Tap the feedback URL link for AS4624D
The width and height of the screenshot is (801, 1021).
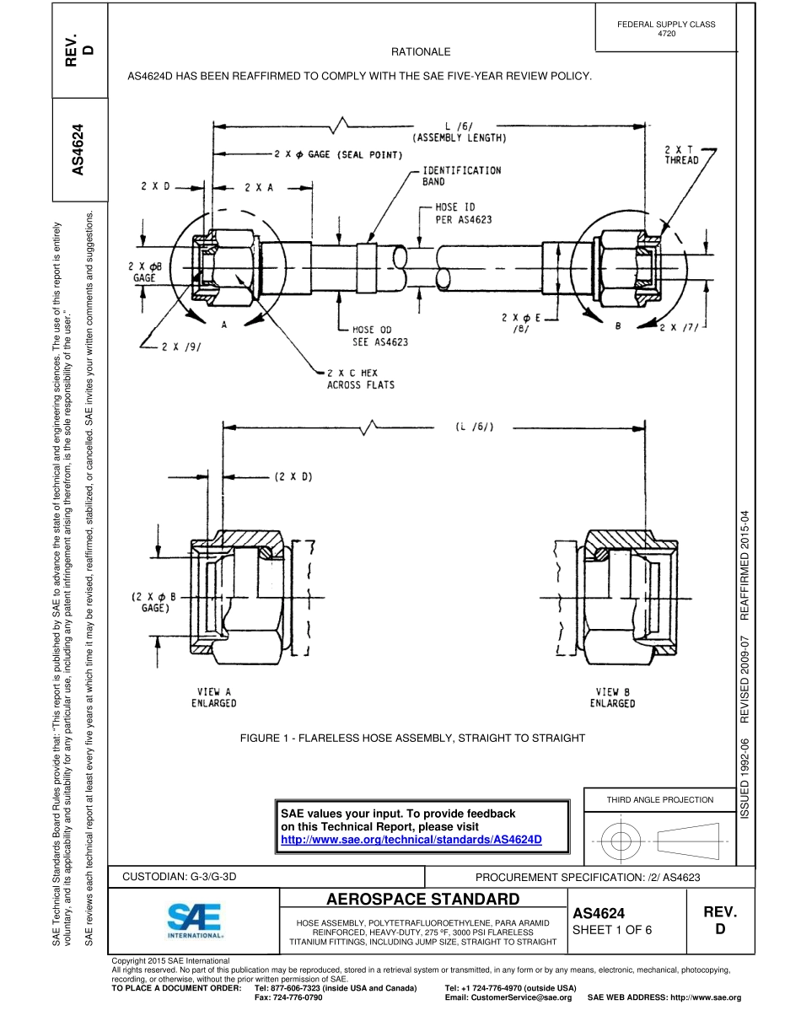[x=411, y=840]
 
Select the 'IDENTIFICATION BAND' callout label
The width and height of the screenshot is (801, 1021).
[x=461, y=175]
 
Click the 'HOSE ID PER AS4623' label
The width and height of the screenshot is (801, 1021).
[x=463, y=212]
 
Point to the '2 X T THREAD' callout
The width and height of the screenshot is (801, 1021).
[x=681, y=154]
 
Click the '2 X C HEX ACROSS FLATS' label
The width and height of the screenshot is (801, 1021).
[x=360, y=379]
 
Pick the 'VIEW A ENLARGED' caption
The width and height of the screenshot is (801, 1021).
[x=213, y=697]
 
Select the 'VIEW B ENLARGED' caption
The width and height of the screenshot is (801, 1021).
[x=613, y=697]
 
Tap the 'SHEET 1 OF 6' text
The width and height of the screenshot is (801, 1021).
[x=611, y=930]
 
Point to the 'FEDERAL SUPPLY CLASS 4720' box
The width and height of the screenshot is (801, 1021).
[x=665, y=29]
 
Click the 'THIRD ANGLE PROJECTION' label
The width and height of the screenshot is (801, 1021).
[x=660, y=799]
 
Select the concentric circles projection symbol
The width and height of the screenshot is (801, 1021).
[x=621, y=840]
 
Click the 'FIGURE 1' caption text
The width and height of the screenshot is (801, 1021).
[x=412, y=738]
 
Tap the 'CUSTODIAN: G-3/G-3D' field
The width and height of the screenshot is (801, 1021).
[x=180, y=877]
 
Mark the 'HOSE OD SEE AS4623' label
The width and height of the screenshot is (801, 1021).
[x=379, y=336]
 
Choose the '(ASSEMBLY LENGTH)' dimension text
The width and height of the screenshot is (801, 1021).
[x=459, y=137]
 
